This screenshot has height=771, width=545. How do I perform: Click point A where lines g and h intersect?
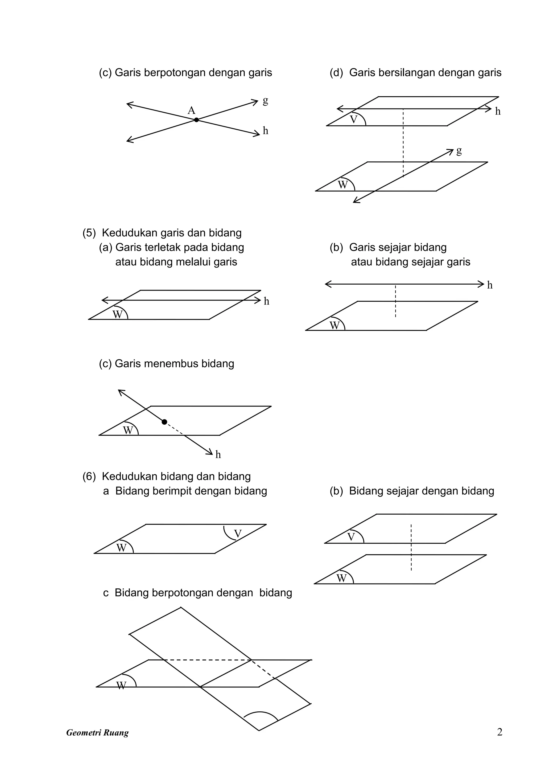(x=196, y=120)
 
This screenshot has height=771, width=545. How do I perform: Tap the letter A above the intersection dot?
(x=191, y=110)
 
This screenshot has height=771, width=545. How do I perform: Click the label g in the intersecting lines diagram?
(x=266, y=100)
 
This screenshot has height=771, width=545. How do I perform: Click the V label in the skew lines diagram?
(x=353, y=120)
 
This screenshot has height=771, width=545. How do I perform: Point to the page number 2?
(x=499, y=732)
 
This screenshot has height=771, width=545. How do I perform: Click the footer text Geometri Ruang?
(x=97, y=733)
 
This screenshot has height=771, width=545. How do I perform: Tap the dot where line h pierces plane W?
(x=164, y=422)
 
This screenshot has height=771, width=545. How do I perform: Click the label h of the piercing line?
(x=218, y=455)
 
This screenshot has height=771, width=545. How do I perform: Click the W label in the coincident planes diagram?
(x=121, y=548)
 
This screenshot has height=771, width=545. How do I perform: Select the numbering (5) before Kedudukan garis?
(x=89, y=233)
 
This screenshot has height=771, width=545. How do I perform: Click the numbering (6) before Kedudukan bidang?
(x=89, y=477)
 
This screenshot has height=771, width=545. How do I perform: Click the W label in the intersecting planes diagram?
(x=121, y=685)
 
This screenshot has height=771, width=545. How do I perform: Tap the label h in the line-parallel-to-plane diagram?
(x=490, y=285)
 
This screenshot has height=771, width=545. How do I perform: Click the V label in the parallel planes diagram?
(x=351, y=537)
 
